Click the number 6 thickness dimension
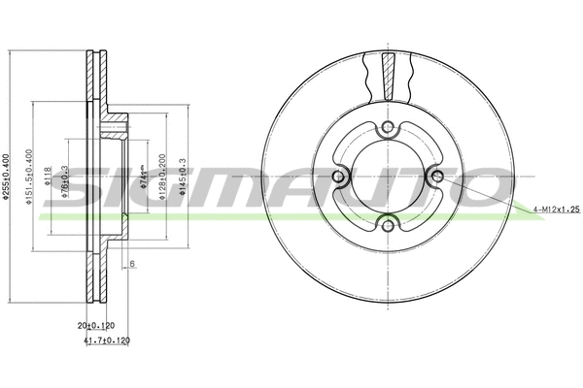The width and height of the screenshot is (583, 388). (131, 264)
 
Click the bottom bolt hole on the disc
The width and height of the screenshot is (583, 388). (388, 226)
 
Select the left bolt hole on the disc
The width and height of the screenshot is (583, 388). (339, 177)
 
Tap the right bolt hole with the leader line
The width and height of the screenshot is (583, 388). (436, 177)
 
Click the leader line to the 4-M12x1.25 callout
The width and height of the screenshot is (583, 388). (486, 194)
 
